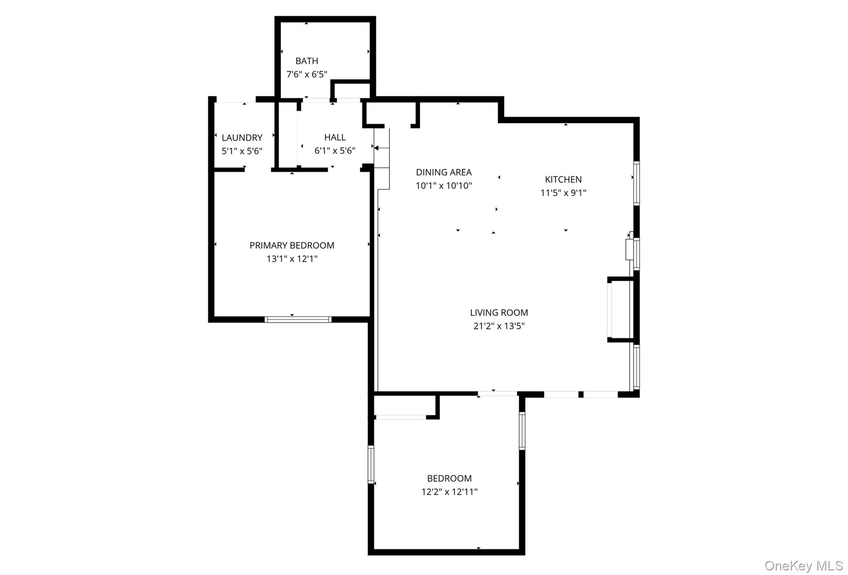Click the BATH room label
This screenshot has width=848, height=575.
(x=306, y=61)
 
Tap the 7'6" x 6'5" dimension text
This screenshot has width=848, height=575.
(x=306, y=75)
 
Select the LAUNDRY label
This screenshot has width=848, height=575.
(x=242, y=138)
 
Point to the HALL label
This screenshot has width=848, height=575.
(x=335, y=137)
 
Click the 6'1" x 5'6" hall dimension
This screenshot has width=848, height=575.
(x=335, y=151)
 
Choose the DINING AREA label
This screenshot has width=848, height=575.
(x=443, y=172)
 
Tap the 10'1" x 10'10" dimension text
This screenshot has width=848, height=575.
(x=443, y=186)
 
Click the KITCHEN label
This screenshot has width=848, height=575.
(x=563, y=179)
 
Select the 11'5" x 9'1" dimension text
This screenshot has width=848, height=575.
(x=563, y=193)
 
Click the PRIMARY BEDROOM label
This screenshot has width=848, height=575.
(x=291, y=245)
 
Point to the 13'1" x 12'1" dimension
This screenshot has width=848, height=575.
(x=291, y=259)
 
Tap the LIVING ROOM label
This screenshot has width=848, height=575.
(x=499, y=313)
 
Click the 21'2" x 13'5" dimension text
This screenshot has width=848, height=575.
(x=499, y=326)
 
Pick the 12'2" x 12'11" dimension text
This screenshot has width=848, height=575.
(x=449, y=492)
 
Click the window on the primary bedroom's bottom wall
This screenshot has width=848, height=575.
(x=298, y=319)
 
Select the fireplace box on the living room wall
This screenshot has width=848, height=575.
(x=620, y=309)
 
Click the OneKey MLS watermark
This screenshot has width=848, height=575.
(x=803, y=565)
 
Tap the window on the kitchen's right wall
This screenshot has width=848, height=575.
(x=636, y=183)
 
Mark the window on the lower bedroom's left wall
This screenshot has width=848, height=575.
(x=371, y=464)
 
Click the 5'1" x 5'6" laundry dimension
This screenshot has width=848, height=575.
(x=242, y=151)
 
